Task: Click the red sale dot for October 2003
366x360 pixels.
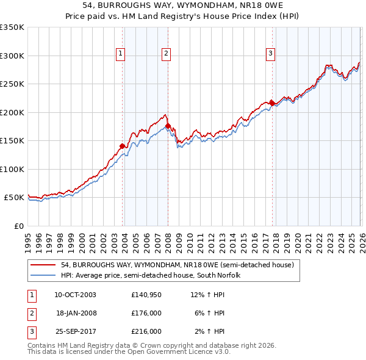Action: pyautogui.click(x=123, y=146)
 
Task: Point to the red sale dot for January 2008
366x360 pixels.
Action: pyautogui.click(x=168, y=126)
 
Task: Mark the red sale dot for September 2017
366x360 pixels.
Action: pyautogui.click(x=272, y=103)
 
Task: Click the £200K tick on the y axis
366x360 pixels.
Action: pyautogui.click(x=12, y=112)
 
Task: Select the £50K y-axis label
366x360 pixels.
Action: pyautogui.click(x=14, y=198)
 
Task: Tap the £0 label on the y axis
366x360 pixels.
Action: pyautogui.click(x=19, y=226)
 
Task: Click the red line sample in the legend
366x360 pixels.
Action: pyautogui.click(x=43, y=265)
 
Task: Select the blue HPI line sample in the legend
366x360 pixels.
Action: pyautogui.click(x=43, y=275)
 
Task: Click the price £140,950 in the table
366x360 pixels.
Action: pyautogui.click(x=146, y=294)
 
